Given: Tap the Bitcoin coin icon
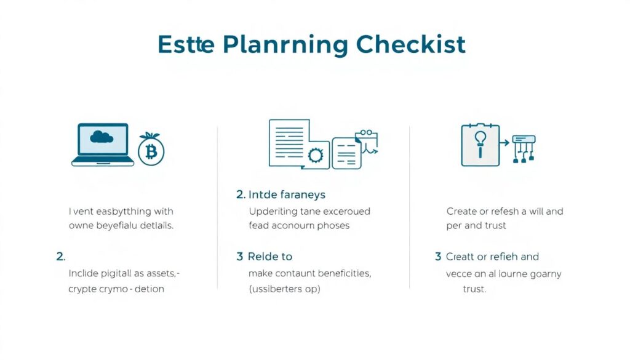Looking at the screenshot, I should point(151,151).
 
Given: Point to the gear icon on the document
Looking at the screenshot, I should point(316,155).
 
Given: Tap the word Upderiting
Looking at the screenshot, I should point(273,211).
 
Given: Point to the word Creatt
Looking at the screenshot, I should point(462,257).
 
